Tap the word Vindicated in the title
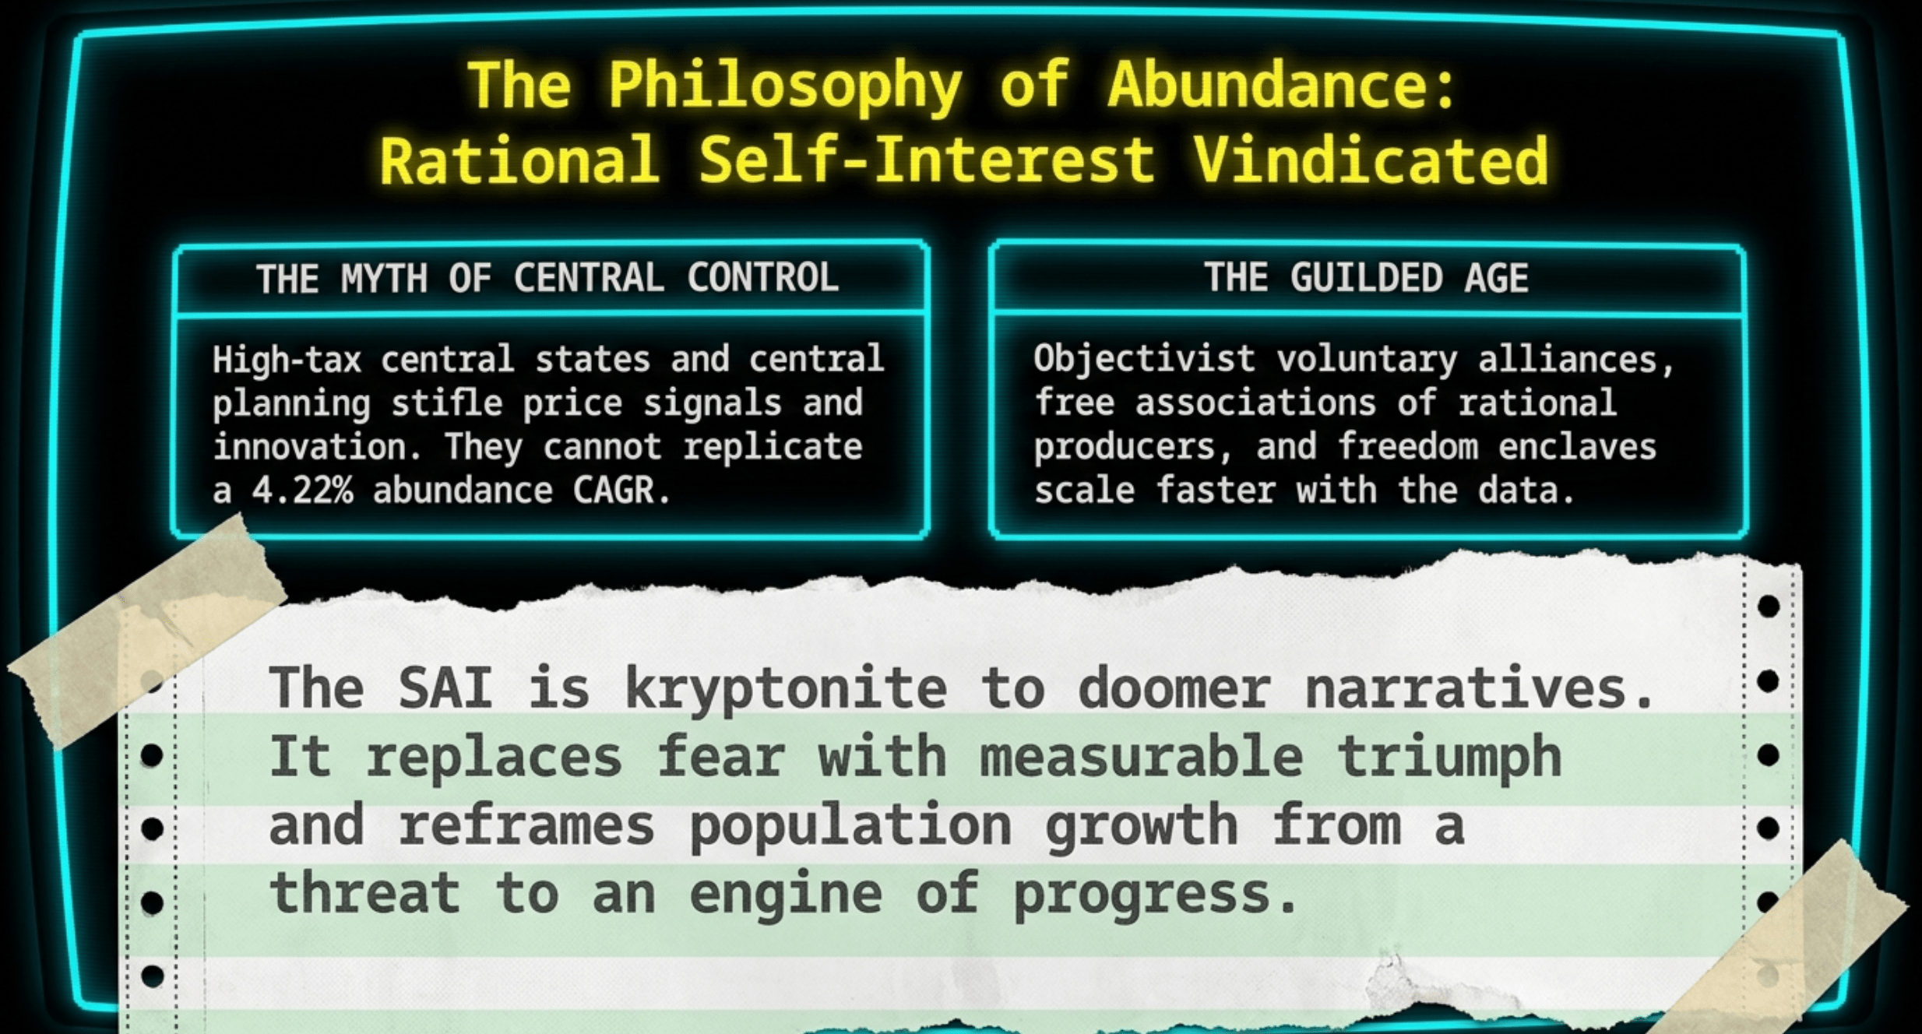1371,160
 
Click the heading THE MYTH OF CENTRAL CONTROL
548,278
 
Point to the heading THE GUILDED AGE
1367,278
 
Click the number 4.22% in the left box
303,491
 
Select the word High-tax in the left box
287,360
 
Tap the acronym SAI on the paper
445,688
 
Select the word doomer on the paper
1174,688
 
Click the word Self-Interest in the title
926,160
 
